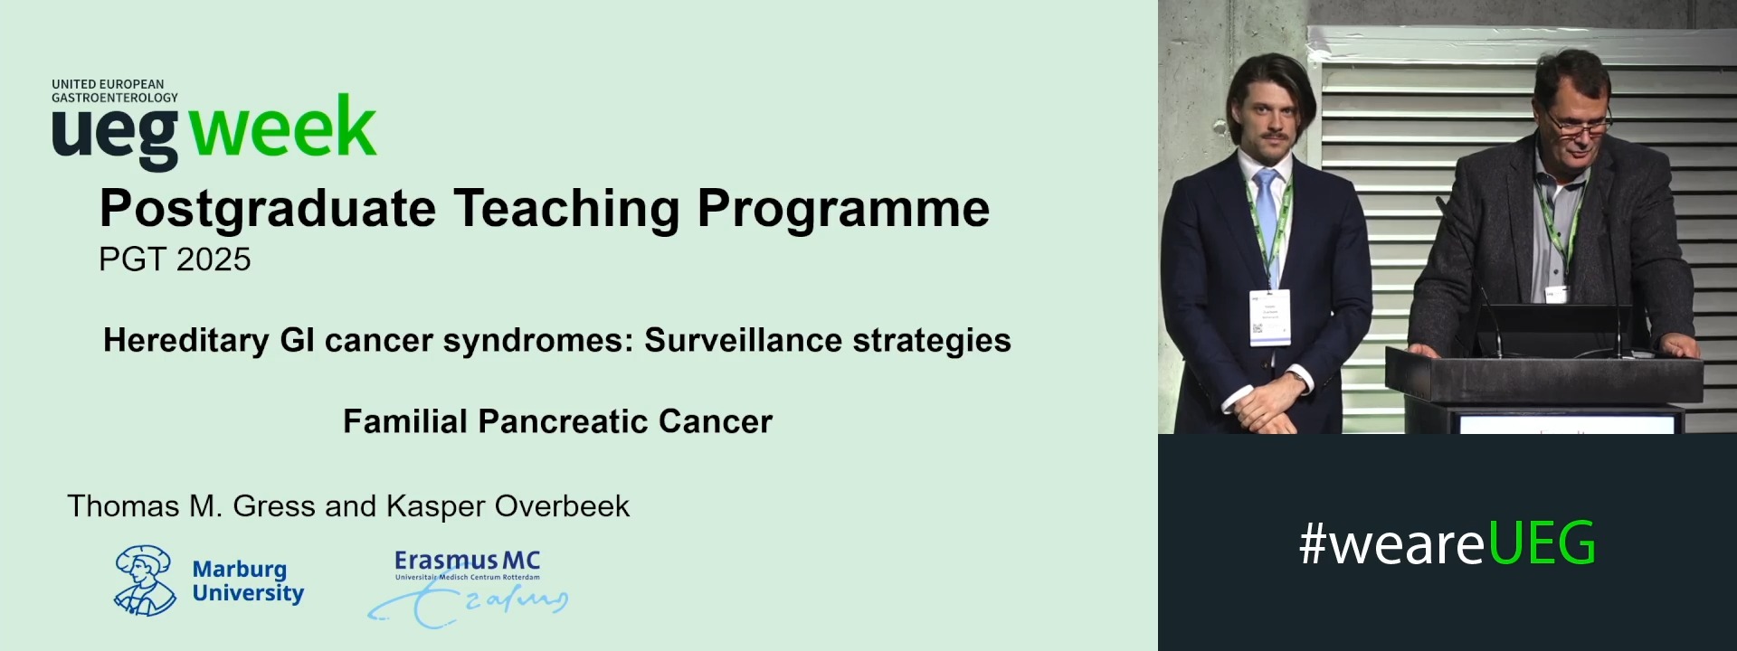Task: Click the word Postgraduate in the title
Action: tap(268, 210)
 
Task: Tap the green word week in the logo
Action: tap(283, 128)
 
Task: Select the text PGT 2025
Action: tap(175, 259)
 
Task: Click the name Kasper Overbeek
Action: tap(508, 506)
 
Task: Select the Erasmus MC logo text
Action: tap(467, 561)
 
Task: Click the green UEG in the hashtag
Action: tap(1542, 543)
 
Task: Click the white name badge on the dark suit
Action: tap(1270, 317)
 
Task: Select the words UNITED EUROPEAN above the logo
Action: tap(108, 84)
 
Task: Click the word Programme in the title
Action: tap(843, 210)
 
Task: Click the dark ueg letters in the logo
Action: tap(115, 131)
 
